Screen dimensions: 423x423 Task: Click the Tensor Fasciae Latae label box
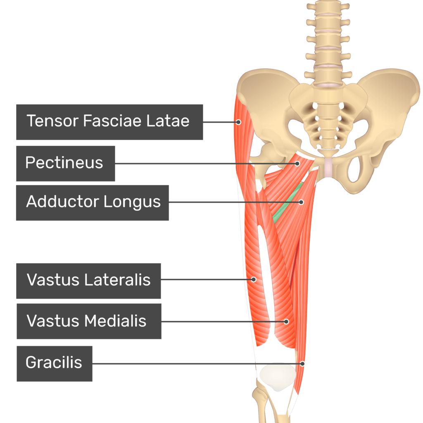pyautogui.click(x=109, y=122)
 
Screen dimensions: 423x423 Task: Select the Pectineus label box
pyautogui.click(x=65, y=163)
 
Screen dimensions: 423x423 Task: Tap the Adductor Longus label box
pyautogui.click(x=92, y=202)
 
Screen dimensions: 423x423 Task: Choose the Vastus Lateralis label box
pyautogui.click(x=88, y=280)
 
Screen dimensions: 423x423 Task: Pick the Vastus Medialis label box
pyautogui.click(x=88, y=321)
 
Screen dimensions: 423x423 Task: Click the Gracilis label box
pyautogui.click(x=54, y=363)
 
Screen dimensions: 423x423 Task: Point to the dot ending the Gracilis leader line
pyautogui.click(x=303, y=364)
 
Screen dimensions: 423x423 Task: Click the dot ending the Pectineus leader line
pyautogui.click(x=297, y=164)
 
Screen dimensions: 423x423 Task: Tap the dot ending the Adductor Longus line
pyautogui.click(x=301, y=202)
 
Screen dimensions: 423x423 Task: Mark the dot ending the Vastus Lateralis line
pyautogui.click(x=254, y=280)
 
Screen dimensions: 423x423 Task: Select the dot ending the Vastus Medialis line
pyautogui.click(x=286, y=321)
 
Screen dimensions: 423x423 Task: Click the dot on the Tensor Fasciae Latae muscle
pyautogui.click(x=238, y=122)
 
